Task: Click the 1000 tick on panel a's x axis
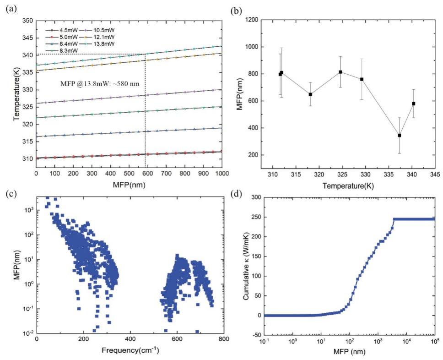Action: [221, 174]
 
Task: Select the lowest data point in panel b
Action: [400, 135]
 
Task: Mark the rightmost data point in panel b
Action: [414, 104]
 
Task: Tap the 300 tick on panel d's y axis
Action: [256, 198]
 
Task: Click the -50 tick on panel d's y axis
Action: [256, 335]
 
